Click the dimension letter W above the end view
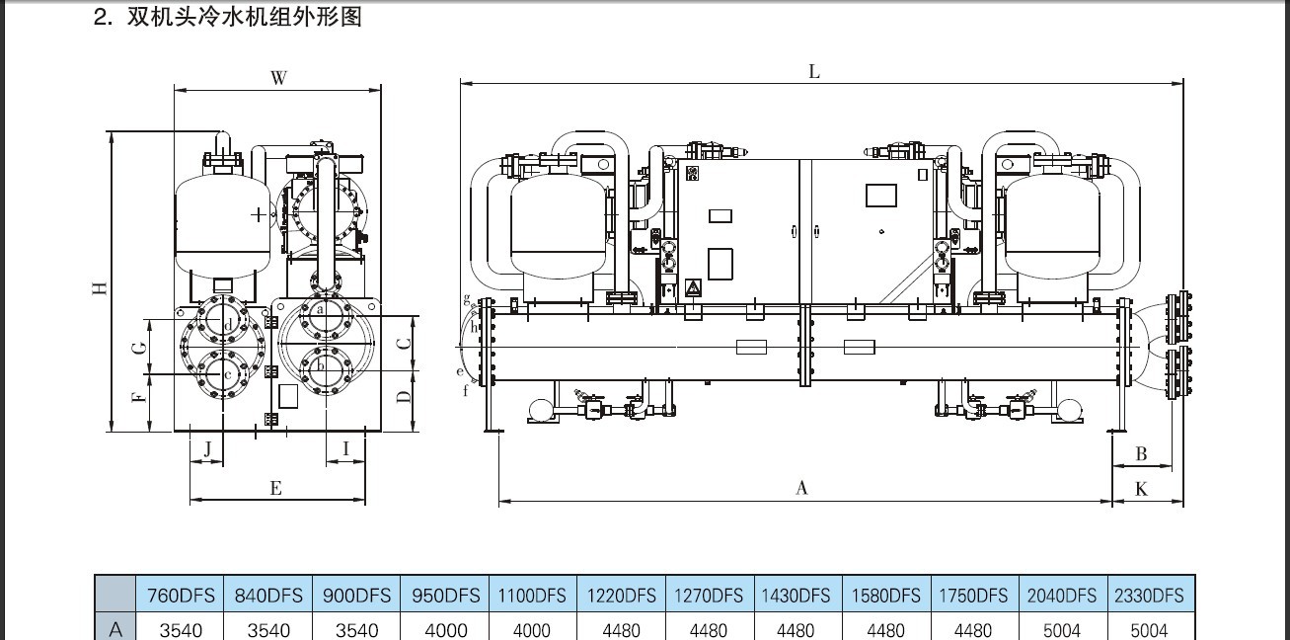278,78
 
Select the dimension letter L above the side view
813,72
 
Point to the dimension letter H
100,288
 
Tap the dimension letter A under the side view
801,489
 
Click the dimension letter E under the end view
275,489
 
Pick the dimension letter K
1141,489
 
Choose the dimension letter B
1141,454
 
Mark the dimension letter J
207,449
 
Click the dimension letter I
345,448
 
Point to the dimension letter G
139,348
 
